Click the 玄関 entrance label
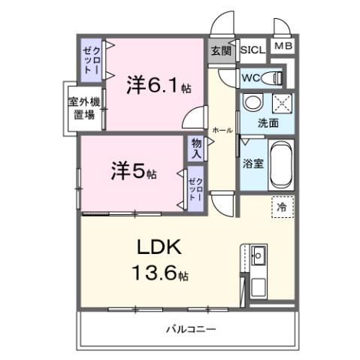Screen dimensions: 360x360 pyautogui.click(x=221, y=50)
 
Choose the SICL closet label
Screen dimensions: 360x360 pyautogui.click(x=253, y=50)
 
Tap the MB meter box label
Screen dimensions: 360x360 pyautogui.click(x=282, y=47)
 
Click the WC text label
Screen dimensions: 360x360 pyautogui.click(x=250, y=77)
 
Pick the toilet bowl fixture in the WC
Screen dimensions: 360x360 pyautogui.click(x=275, y=77)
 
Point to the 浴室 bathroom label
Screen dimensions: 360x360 pyautogui.click(x=252, y=162)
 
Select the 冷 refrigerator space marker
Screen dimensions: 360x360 pyautogui.click(x=281, y=206)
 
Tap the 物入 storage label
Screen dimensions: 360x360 pyautogui.click(x=196, y=147)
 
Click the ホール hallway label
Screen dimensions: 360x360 pyautogui.click(x=222, y=129)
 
